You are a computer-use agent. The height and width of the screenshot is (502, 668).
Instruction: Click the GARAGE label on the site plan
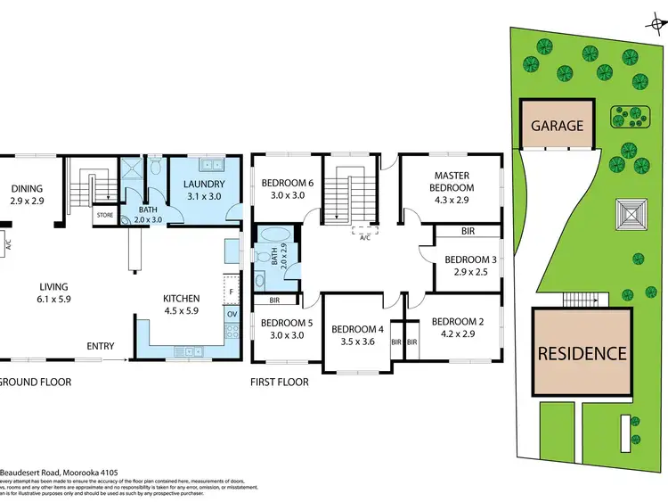point(558,126)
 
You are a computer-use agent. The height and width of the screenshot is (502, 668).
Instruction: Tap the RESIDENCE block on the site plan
point(581,352)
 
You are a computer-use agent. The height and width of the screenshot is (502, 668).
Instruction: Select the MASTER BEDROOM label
point(452,182)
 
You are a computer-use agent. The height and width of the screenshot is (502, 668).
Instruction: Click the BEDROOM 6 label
point(288,184)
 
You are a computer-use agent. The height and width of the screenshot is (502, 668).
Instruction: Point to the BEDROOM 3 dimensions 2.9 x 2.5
point(469,272)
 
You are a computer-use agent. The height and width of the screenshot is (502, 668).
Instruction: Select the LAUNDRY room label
point(204,185)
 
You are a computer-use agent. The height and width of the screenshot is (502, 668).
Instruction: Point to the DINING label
point(28,188)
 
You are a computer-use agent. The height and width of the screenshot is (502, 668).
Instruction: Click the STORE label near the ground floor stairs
point(104,214)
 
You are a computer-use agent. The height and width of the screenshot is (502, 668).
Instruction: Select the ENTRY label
point(99,346)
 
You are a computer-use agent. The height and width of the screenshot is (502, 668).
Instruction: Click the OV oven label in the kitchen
point(232,314)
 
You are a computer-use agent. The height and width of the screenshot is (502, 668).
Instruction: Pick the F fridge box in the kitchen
point(232,291)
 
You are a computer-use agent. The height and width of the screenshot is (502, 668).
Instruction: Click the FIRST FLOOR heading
point(280,383)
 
